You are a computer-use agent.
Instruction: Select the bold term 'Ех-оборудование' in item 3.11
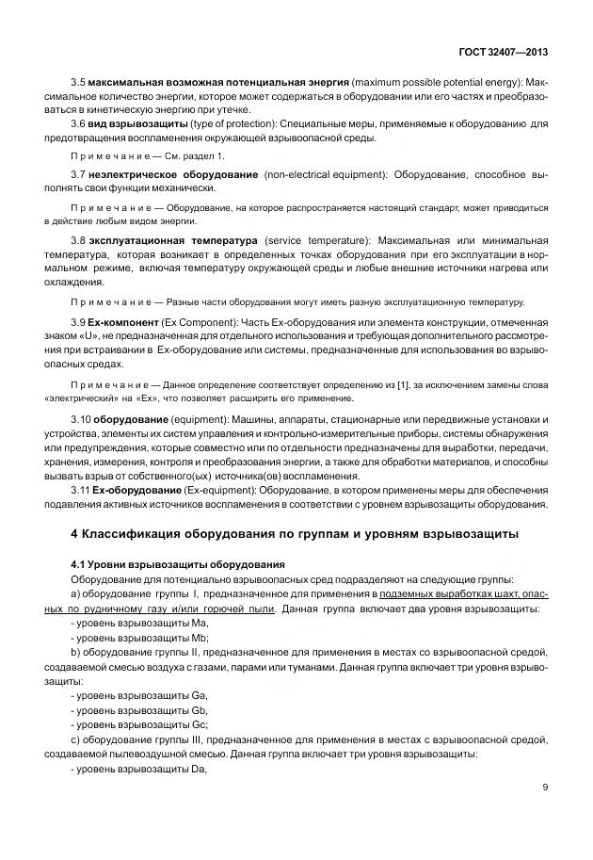(140, 492)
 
